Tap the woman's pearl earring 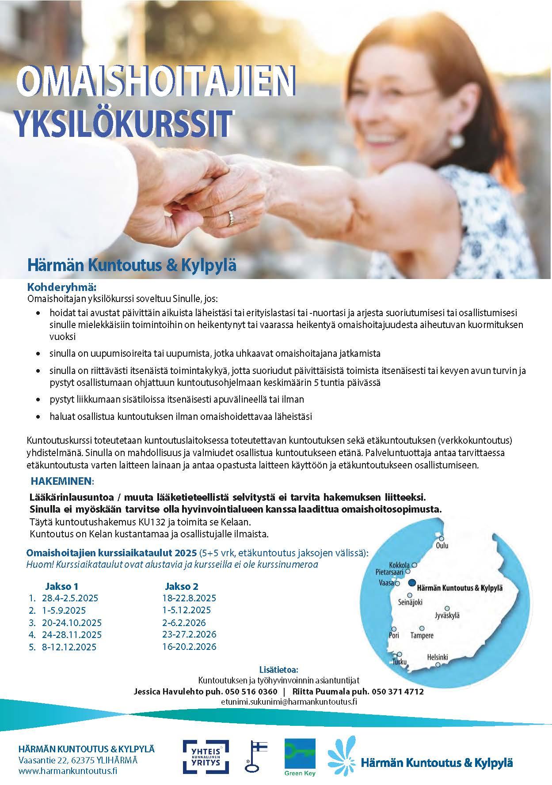click(x=455, y=140)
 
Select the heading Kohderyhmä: click(x=62, y=288)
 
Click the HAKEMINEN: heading click(x=62, y=480)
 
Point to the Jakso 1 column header click(x=61, y=586)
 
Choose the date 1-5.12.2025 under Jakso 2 click(x=187, y=610)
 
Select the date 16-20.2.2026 click(x=189, y=647)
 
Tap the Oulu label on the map click(x=442, y=545)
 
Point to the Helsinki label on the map click(x=437, y=657)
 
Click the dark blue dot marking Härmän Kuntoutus click(x=412, y=583)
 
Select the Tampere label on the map click(x=422, y=635)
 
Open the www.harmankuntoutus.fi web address click(x=68, y=771)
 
